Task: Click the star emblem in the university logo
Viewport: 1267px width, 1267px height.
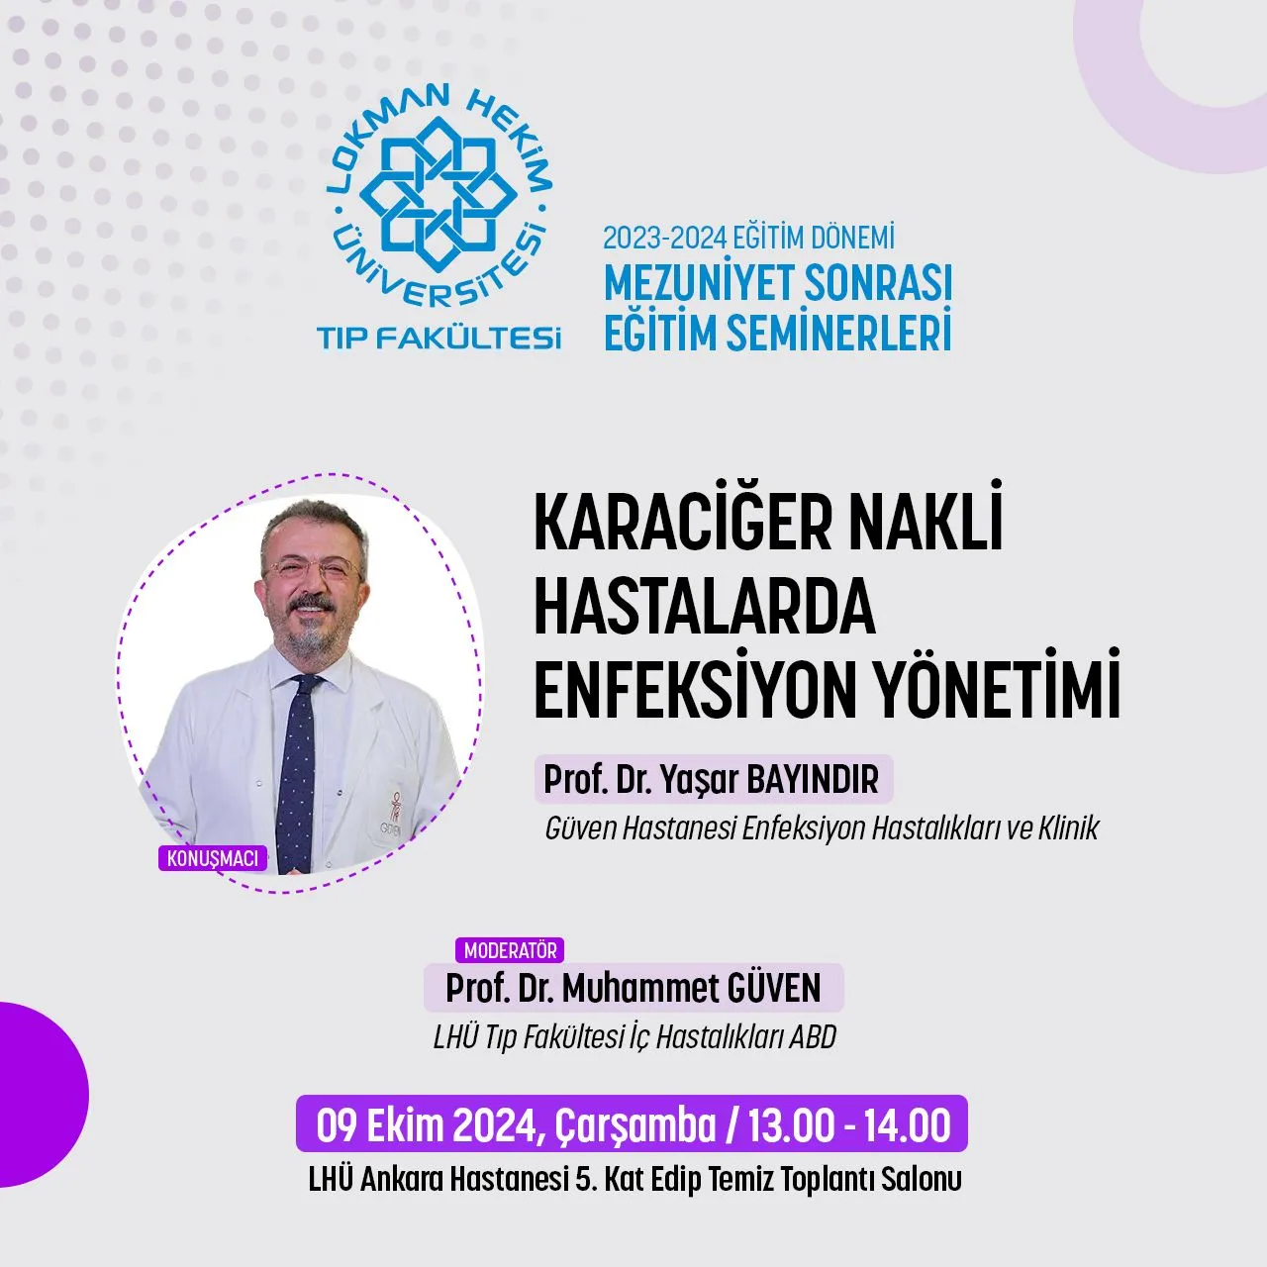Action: [x=439, y=197]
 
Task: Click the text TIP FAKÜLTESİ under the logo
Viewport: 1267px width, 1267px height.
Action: [x=439, y=338]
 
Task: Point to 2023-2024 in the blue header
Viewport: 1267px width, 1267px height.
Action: [x=663, y=239]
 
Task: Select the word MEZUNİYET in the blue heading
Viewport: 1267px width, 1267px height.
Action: [x=700, y=283]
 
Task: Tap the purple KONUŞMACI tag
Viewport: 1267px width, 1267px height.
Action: [x=213, y=859]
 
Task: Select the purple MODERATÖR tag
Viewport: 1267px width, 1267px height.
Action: [x=510, y=950]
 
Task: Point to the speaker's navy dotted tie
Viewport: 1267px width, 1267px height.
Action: [x=297, y=770]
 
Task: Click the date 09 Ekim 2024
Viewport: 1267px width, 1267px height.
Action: [x=430, y=1126]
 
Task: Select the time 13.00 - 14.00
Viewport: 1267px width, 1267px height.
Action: [x=848, y=1125]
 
